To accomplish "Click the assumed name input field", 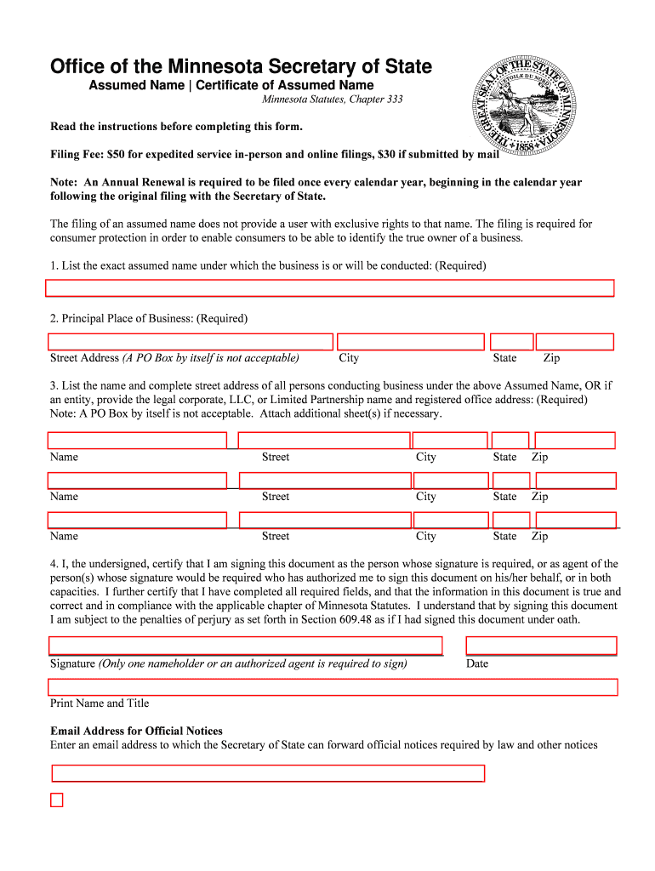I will click(x=329, y=288).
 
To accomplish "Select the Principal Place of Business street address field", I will click(x=190, y=342).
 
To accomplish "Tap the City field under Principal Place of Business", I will click(x=411, y=342).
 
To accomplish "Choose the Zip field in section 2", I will click(x=574, y=342).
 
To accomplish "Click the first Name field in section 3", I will click(x=137, y=441).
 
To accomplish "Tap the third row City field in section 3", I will click(x=450, y=520).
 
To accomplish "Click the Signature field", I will click(x=245, y=646).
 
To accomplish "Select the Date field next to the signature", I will click(x=541, y=646).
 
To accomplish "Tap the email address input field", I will click(x=268, y=773).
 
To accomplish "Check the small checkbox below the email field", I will click(x=57, y=800).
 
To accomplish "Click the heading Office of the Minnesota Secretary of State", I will click(x=241, y=66).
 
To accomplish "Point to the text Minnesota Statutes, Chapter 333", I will click(x=332, y=100).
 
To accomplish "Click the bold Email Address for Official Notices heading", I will click(x=136, y=731).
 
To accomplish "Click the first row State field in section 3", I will click(x=510, y=441).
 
